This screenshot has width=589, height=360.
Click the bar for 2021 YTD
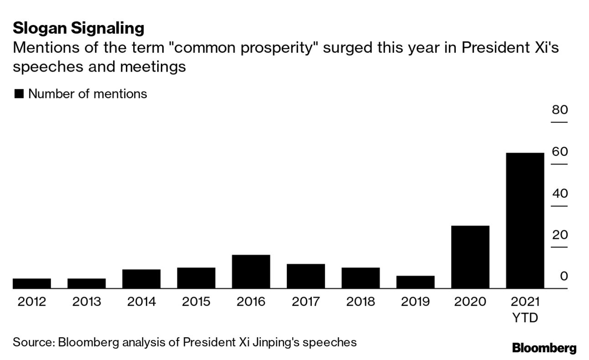[x=525, y=221]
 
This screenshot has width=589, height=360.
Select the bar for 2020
[x=470, y=257]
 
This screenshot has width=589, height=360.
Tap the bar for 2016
[x=251, y=272]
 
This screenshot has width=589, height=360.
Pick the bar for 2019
[x=415, y=282]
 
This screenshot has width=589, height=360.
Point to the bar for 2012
[x=31, y=283]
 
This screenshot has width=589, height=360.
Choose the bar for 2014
[x=141, y=279]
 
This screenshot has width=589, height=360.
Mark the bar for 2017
[x=305, y=276]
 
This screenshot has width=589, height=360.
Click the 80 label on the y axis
[x=559, y=110]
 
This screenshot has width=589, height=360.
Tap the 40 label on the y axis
[x=559, y=194]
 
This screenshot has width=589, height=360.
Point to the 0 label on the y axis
[x=564, y=277]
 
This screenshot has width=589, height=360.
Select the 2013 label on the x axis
[x=87, y=302]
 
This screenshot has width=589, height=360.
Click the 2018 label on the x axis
[x=361, y=302]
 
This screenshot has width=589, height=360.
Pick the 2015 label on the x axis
[x=196, y=302]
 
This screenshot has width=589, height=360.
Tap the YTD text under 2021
[x=525, y=318]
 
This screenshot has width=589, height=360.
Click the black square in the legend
[x=19, y=94]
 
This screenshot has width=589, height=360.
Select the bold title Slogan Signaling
[x=78, y=29]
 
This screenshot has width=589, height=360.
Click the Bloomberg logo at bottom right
[x=544, y=349]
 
